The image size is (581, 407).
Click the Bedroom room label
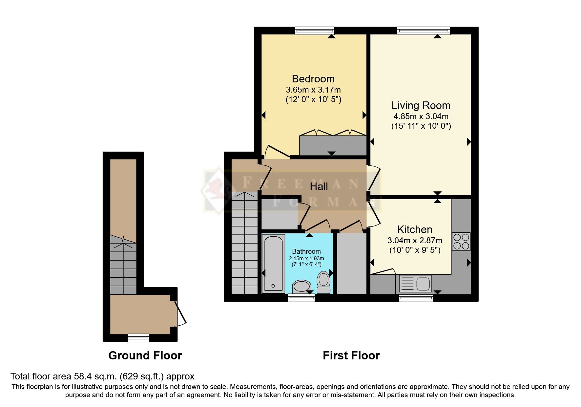point(313,79)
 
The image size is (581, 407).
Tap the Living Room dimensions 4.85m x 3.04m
point(421,116)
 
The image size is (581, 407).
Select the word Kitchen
point(414,229)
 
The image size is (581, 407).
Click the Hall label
point(319,187)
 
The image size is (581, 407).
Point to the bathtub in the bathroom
point(273,264)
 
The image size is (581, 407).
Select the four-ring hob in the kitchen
point(461,242)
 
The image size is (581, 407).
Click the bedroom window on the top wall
point(314,31)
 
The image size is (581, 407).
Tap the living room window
point(423,31)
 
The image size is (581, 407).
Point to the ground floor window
point(138,338)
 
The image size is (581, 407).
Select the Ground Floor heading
point(145,355)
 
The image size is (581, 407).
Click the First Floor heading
point(351,355)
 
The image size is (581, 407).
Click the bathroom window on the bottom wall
point(301,298)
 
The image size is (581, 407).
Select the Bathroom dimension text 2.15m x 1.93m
point(306,259)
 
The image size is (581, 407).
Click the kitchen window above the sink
point(416,298)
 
